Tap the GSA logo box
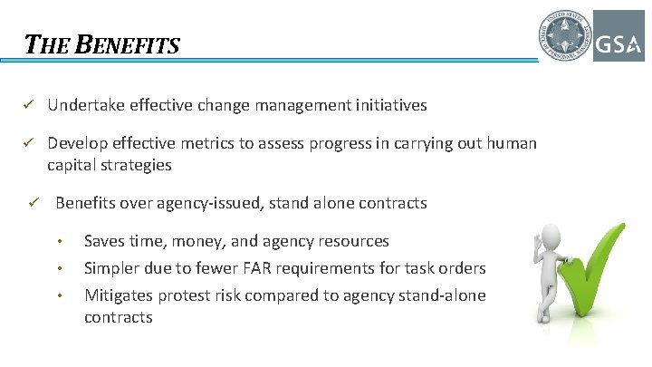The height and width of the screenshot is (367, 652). tap(618, 36)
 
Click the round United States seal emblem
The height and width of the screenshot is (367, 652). tap(563, 36)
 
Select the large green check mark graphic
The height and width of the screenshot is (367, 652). tap(598, 281)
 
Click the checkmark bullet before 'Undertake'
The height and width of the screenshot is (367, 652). tap(28, 105)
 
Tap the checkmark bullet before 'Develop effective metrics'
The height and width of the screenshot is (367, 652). tap(28, 143)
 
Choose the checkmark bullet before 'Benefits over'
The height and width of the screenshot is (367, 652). tap(35, 203)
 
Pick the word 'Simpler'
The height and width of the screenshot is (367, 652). tap(111, 268)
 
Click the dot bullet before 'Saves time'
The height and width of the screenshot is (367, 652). tap(60, 242)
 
